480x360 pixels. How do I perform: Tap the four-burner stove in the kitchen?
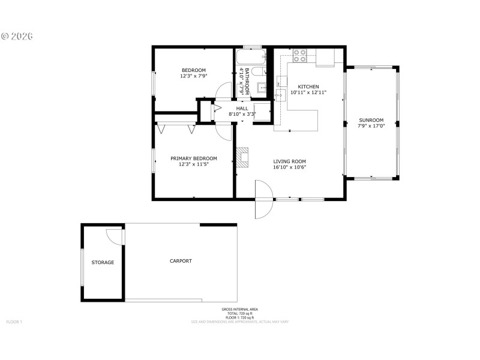click(300, 56)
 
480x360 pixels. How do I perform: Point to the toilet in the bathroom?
click(257, 72)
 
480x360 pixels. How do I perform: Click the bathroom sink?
click(263, 88)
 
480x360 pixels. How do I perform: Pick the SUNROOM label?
click(371, 120)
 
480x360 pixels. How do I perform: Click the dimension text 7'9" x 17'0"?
click(371, 126)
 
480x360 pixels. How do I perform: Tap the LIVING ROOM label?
click(290, 161)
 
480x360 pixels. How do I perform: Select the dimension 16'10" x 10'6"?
click(290, 167)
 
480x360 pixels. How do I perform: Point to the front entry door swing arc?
click(265, 199)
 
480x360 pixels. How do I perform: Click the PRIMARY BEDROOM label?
click(193, 158)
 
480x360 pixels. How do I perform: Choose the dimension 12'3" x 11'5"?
click(193, 164)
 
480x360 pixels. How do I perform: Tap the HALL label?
click(242, 108)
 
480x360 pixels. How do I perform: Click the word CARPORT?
click(181, 261)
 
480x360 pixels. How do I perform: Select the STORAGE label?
click(103, 262)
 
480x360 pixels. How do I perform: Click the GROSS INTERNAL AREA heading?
click(239, 310)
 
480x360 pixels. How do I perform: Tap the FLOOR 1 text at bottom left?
click(14, 322)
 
